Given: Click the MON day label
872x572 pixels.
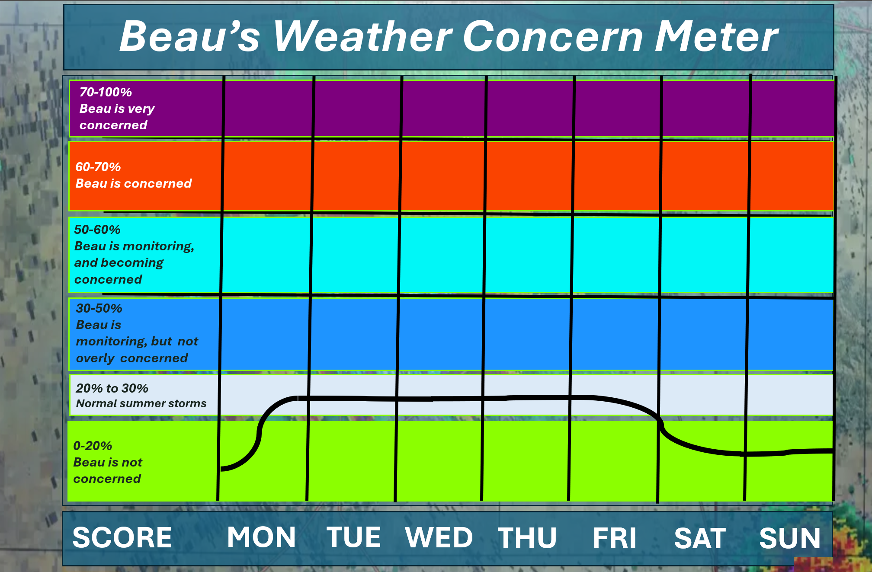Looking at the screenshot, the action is click(262, 537).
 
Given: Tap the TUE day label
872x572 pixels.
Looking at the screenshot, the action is click(354, 537).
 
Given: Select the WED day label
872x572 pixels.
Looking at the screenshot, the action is click(439, 537).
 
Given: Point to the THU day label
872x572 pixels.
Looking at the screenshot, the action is click(527, 538).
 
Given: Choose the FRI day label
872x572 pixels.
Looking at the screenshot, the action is click(615, 538).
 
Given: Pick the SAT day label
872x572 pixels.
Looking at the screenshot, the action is click(700, 538).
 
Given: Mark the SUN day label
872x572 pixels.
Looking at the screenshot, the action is click(790, 538).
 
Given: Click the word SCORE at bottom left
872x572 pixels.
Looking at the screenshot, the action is click(122, 537).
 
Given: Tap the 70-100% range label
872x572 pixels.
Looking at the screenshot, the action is click(106, 92).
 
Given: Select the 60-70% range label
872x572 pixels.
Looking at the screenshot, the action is click(98, 167).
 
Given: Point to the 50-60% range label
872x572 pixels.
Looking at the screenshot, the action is click(97, 230).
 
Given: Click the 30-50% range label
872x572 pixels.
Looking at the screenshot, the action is click(99, 308).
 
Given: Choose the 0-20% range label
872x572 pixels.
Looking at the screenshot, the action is click(93, 446).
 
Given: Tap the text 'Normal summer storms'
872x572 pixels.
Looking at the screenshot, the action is click(141, 403).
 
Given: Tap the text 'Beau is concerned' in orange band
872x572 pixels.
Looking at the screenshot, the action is click(134, 184).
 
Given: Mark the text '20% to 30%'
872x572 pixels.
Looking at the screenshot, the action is click(112, 388).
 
